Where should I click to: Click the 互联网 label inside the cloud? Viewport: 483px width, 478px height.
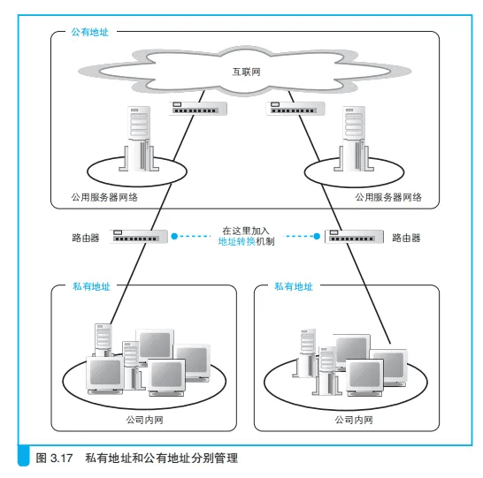246,72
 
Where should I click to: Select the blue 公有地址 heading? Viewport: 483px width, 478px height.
89,32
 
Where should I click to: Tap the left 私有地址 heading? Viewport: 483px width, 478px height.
91,286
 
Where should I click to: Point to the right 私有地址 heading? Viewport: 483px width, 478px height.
294,286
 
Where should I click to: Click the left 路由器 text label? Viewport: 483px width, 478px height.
86,238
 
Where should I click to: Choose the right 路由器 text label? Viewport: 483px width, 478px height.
406,238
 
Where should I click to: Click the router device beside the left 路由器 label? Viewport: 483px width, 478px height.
139,237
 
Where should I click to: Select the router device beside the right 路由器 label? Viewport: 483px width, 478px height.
354,237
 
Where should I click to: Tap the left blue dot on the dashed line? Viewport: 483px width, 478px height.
174,236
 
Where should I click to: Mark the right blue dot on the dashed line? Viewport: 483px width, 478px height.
317,236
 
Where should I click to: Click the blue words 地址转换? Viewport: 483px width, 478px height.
236,242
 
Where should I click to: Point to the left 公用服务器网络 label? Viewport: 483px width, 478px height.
104,197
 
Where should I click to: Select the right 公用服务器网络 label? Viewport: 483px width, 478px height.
388,197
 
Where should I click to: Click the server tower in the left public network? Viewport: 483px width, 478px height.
139,139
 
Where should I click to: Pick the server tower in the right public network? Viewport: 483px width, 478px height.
354,139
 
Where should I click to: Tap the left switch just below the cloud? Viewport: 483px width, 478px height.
198,109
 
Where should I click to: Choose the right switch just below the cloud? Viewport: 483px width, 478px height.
295,109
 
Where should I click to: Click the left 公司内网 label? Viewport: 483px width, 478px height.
144,420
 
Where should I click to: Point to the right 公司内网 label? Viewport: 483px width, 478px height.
354,420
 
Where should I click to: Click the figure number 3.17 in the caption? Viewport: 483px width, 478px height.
62,459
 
